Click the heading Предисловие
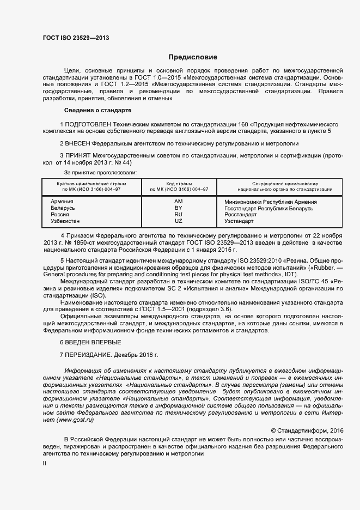192,57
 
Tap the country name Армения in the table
62,202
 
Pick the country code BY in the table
178,208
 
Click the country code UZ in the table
178,221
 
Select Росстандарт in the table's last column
240,215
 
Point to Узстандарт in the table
239,221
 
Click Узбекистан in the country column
65,221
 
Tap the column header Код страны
179,184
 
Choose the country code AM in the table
178,202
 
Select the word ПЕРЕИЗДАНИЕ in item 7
89,355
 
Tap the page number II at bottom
45,463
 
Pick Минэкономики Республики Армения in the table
271,202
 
